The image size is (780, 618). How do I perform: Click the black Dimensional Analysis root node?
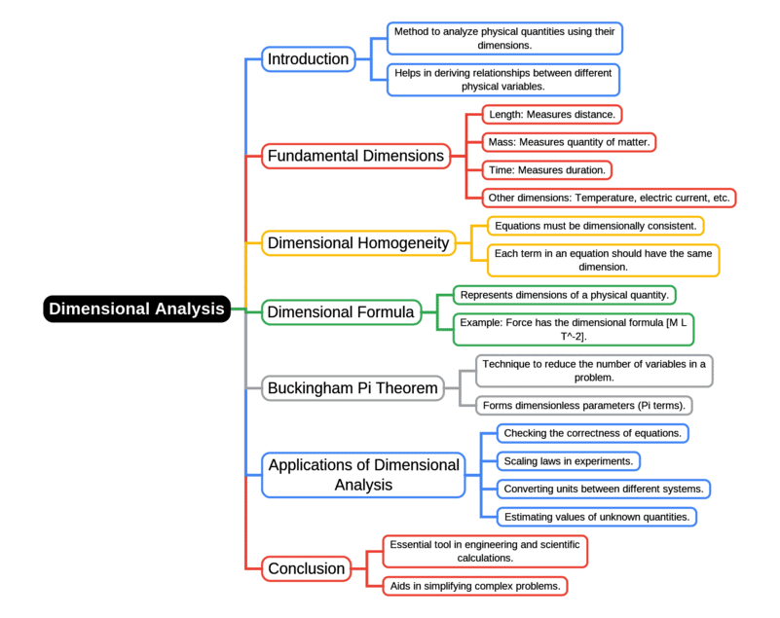[136, 309]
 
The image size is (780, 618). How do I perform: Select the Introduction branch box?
[308, 59]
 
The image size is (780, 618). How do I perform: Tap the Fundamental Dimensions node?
[355, 156]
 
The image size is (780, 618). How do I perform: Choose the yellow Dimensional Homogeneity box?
[359, 243]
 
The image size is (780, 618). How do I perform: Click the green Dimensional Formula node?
[341, 312]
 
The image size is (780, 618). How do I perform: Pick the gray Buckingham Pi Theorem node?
[353, 388]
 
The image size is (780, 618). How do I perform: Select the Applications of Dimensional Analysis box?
[363, 474]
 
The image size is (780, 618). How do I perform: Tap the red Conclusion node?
[307, 568]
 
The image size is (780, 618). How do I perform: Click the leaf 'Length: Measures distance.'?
[552, 115]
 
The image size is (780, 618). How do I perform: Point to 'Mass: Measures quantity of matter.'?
[569, 142]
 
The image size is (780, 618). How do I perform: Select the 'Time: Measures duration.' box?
[547, 170]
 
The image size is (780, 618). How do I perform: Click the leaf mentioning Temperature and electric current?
[609, 198]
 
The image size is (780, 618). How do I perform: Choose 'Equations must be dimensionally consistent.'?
[595, 226]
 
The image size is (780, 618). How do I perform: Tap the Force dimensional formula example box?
[574, 329]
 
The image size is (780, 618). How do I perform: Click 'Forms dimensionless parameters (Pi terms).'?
[584, 405]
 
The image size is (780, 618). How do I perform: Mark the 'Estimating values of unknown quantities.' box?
[597, 517]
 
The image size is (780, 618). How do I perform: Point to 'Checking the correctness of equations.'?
[593, 432]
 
